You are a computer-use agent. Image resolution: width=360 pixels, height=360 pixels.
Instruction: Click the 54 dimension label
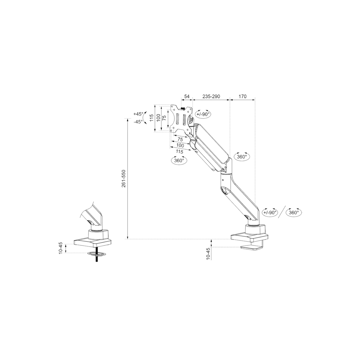187,96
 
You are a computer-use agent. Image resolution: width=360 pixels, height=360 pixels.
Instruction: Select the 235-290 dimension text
211,96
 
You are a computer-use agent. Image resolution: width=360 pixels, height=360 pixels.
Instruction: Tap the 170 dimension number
242,96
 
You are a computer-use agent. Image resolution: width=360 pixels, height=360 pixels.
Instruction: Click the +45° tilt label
138,114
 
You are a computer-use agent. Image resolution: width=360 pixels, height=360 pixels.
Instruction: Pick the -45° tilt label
138,122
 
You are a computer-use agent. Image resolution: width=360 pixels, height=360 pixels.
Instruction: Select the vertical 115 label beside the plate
151,118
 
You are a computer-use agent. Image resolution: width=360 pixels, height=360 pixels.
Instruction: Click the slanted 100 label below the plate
180,145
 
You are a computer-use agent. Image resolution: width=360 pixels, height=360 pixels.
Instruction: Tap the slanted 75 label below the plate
180,139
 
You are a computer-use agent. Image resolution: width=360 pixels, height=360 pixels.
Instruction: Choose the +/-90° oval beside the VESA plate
203,114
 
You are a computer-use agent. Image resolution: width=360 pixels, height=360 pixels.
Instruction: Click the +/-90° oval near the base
270,212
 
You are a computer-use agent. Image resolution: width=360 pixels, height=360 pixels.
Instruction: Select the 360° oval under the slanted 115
179,160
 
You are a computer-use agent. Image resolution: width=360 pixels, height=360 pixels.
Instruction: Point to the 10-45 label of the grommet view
61,248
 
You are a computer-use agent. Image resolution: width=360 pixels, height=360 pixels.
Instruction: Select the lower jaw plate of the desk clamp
251,248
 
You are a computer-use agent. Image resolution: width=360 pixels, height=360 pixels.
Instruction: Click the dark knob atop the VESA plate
183,108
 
